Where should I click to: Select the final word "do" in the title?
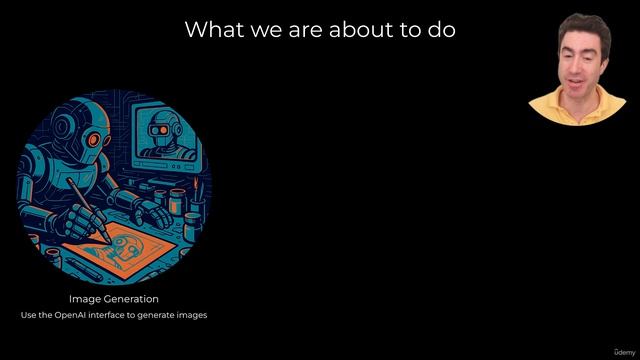(x=442, y=29)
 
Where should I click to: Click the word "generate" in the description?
(x=161, y=315)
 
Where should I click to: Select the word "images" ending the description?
(x=193, y=315)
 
